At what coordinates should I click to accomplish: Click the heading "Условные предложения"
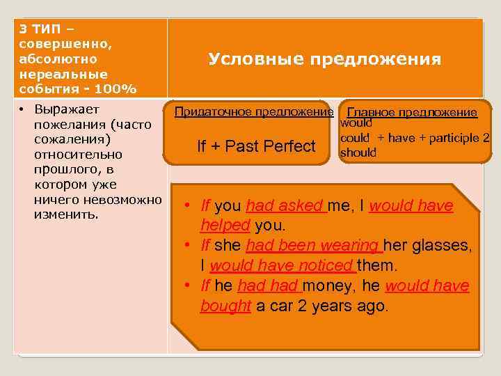pos(325,59)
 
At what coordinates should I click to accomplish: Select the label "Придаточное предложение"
pos(254,111)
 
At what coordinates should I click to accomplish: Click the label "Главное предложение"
pos(412,112)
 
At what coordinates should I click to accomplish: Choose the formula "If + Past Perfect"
pos(256,146)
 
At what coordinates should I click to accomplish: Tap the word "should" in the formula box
pos(358,152)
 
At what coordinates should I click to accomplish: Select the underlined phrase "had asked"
pos(286,206)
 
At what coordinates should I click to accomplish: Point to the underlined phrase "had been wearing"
pos(313,246)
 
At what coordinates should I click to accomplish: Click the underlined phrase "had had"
pos(268,286)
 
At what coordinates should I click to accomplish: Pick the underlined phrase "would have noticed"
pos(283,266)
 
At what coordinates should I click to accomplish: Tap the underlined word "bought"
pos(225,306)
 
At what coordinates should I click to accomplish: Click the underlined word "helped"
pos(225,226)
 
